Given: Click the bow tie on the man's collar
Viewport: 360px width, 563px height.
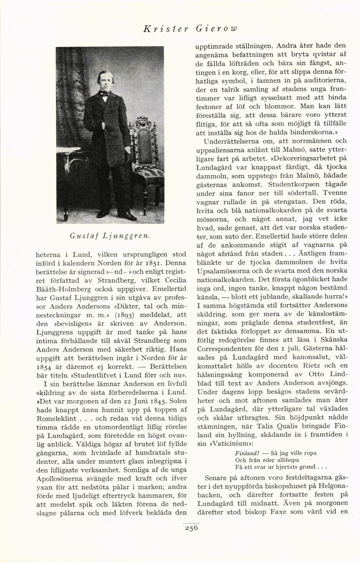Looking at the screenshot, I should tap(104, 95).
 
